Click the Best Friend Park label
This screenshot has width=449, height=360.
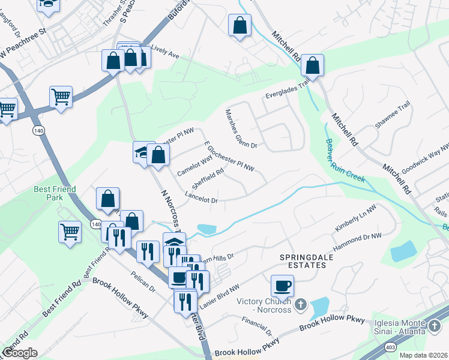coord(55,193)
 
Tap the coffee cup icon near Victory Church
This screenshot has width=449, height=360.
coord(282,286)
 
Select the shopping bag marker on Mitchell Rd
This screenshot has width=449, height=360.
coord(312,65)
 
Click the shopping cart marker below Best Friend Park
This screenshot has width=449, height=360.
coord(70,232)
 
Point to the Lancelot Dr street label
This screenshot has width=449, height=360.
coord(201,197)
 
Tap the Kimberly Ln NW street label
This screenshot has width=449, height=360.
coord(355,220)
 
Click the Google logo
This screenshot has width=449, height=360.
coord(20,353)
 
